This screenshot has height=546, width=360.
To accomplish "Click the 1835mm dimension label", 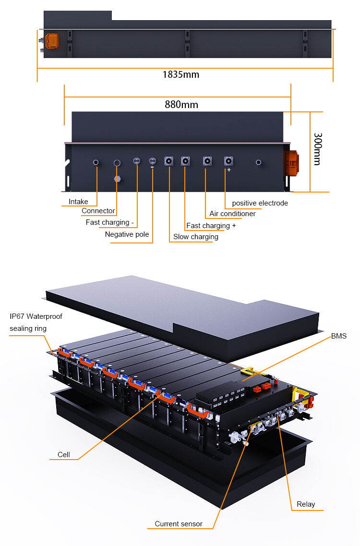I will tap(180, 74).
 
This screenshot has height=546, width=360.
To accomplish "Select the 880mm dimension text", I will tap(181, 105).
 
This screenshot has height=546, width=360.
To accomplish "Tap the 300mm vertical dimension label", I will tap(316, 149).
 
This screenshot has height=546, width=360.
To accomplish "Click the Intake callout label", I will tap(78, 202).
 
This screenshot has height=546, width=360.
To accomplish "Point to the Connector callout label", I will tap(98, 211).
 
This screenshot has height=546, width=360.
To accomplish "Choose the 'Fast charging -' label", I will tap(108, 222).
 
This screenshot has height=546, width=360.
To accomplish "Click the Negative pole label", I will tap(127, 234).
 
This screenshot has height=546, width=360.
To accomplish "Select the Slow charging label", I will tap(195, 237).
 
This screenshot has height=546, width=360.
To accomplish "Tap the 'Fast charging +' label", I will tap(211, 226).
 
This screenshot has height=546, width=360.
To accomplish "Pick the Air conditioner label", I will tap(232, 214).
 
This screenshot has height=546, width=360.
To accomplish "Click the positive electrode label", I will tap(260, 203).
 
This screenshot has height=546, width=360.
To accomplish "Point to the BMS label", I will tap(338, 336).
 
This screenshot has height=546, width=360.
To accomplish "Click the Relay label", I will tap(306, 504).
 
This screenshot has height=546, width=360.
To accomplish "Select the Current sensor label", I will tap(179, 524).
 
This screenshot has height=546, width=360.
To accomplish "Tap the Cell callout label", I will tap(64, 454).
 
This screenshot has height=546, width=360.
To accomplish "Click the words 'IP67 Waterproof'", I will tap(36, 316).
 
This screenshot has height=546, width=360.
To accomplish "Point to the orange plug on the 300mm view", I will tap(291, 161).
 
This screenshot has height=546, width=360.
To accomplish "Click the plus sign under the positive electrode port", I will tap(229, 170).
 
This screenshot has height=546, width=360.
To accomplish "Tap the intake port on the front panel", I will tap(96, 163).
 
